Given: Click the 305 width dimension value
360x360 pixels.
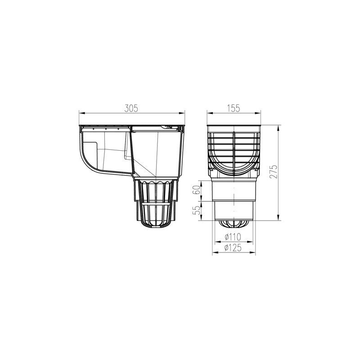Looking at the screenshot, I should (131, 108).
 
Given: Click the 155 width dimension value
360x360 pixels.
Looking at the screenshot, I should (234, 108).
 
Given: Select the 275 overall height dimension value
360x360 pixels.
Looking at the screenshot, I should (272, 171).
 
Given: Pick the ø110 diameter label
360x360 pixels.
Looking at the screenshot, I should (234, 237).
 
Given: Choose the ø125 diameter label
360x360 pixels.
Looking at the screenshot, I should (234, 247).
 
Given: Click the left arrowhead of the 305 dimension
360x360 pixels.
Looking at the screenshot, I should (80, 112).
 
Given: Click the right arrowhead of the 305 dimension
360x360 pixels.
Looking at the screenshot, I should (184, 112).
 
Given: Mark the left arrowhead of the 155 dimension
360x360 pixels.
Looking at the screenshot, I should (208, 112).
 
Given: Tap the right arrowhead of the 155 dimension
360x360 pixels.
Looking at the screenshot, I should (260, 112).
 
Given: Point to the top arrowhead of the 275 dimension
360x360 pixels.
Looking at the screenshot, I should (275, 124).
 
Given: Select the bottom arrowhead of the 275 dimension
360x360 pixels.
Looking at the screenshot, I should (275, 220).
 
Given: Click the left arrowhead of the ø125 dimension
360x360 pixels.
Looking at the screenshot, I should (213, 252).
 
